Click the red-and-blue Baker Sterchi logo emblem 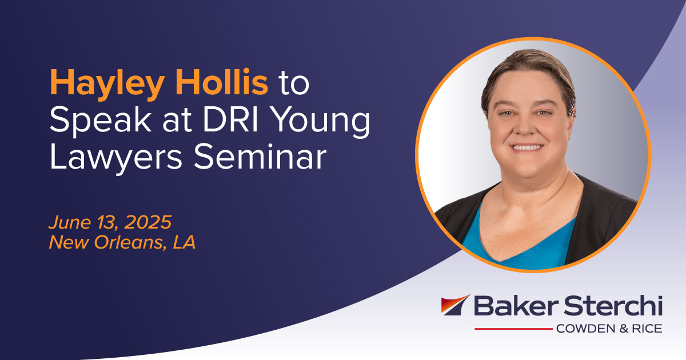[455, 305]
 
